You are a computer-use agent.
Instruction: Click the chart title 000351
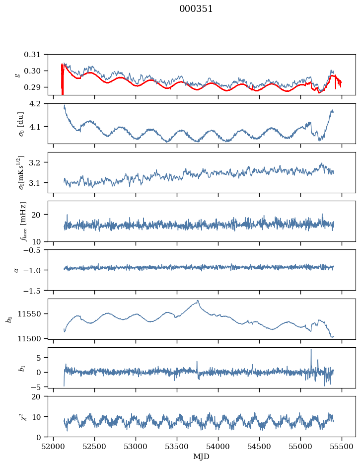196,9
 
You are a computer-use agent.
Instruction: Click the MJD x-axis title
202,457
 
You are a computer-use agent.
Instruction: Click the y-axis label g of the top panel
17,75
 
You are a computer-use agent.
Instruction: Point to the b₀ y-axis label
8,319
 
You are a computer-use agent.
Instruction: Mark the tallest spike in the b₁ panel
311,350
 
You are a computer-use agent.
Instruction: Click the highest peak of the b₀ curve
198,301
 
